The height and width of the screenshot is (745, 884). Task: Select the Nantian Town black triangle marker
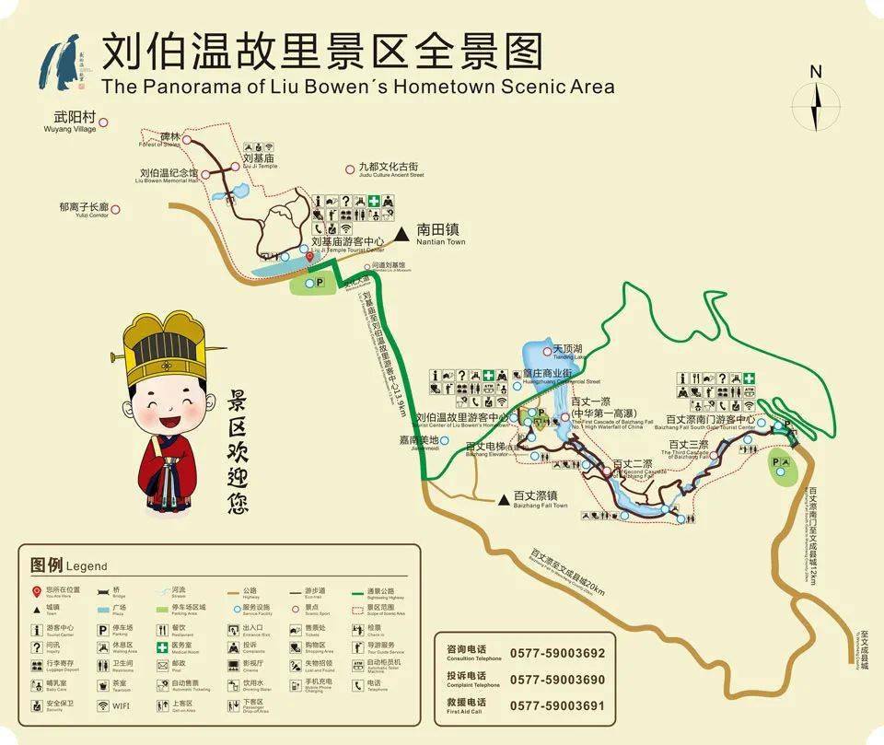coord(401,235)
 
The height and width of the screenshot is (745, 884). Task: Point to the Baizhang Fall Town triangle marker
coord(503,500)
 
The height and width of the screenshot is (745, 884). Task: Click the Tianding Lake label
coord(568,351)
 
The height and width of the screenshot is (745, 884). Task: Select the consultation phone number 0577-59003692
coord(557,653)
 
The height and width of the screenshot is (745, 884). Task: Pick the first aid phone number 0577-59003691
coord(557,705)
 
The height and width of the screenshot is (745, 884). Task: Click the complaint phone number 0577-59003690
coord(557,680)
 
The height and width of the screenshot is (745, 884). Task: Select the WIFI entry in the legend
coord(121,707)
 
